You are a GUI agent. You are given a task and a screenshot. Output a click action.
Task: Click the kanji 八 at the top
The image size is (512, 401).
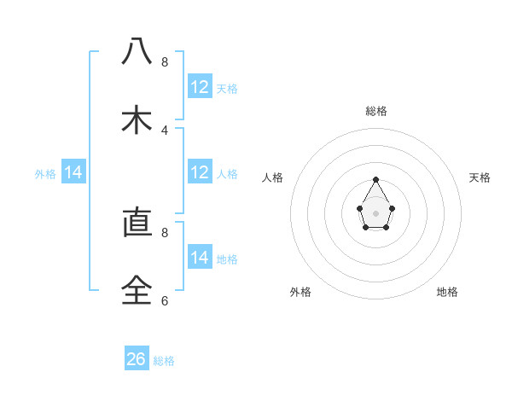(137, 52)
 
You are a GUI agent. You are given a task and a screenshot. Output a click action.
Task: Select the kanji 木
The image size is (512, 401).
(137, 120)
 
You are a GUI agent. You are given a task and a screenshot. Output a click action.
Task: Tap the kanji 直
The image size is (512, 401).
(137, 223)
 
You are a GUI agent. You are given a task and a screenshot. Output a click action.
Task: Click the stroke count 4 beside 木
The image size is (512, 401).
(165, 131)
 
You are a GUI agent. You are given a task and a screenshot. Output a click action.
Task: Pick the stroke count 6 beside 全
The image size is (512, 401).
(165, 300)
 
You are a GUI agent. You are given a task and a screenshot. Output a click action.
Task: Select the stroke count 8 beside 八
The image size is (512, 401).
(165, 62)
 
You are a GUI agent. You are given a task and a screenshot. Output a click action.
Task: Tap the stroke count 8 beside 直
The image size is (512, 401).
(165, 231)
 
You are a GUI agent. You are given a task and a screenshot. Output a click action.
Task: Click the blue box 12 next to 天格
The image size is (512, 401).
(200, 87)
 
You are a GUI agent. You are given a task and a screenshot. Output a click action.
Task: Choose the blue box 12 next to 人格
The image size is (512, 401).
(200, 172)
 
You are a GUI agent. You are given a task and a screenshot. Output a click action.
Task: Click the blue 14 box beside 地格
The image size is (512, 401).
(200, 258)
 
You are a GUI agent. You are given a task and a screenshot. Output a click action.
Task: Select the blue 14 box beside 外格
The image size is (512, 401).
(73, 172)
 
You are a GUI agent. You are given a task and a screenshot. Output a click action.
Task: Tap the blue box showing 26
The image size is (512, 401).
(137, 359)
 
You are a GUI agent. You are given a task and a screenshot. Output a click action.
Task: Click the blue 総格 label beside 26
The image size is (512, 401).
(164, 361)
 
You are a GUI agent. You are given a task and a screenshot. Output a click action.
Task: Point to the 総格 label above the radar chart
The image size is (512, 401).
(375, 111)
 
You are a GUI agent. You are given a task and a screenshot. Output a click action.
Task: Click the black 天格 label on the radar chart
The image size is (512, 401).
(480, 177)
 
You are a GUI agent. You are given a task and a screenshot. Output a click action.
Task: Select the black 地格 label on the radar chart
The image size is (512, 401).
(447, 292)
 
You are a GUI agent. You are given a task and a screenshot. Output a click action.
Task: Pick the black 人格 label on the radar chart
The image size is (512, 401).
(273, 177)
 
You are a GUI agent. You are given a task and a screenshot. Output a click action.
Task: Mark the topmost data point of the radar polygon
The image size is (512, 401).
(375, 179)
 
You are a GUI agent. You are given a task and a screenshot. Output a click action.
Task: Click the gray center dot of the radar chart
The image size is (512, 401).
(375, 212)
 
